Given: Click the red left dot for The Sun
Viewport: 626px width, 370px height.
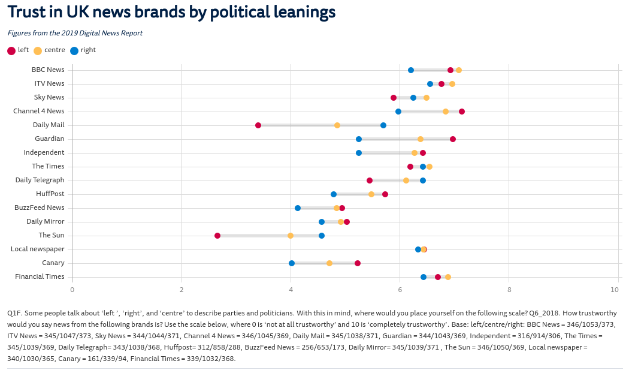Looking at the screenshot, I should (217, 236).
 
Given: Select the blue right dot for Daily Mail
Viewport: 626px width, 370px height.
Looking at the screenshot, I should (383, 125).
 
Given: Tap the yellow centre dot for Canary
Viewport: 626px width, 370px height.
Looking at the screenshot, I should (329, 263).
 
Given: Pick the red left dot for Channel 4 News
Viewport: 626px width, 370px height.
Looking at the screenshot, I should (462, 112).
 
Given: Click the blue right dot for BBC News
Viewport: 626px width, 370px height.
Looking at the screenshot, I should (411, 70).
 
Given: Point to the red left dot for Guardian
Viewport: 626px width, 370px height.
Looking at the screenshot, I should (453, 139).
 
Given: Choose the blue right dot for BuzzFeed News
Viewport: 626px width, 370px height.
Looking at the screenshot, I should (298, 208).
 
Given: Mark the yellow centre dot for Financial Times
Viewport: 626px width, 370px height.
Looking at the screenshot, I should (448, 277).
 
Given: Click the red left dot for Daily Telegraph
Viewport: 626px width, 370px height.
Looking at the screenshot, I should (370, 181).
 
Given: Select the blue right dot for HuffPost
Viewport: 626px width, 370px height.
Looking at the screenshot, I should (334, 194).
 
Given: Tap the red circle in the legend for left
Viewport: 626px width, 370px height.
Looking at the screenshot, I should (11, 51).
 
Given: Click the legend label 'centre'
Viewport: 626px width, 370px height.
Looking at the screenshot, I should (55, 50).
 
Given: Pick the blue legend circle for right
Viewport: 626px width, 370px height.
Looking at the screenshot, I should (74, 51).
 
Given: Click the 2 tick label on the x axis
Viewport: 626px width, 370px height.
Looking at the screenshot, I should (182, 289).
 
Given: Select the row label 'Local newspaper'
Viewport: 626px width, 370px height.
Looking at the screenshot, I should (38, 249).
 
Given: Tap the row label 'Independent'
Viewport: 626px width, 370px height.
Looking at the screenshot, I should (44, 152).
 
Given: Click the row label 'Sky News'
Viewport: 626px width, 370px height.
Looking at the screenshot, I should (49, 97).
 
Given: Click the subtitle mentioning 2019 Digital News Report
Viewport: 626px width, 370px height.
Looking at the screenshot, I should (75, 34).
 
